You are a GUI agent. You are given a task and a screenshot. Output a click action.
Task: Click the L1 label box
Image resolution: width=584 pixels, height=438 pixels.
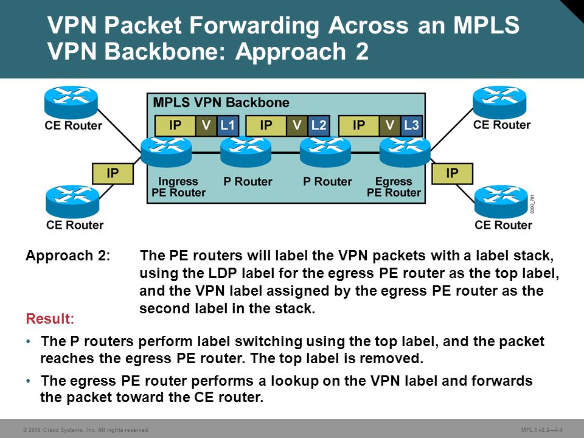click(227, 125)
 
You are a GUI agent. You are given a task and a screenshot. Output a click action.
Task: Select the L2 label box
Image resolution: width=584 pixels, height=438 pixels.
click(319, 125)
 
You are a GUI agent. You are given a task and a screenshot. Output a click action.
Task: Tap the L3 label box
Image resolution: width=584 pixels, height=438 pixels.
click(411, 125)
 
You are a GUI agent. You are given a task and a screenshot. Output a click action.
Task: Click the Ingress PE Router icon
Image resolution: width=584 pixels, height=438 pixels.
click(167, 151)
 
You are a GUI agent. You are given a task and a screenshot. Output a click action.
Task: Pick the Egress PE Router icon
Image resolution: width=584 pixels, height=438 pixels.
click(405, 151)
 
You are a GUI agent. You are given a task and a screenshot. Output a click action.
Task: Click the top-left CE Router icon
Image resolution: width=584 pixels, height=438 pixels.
click(71, 102)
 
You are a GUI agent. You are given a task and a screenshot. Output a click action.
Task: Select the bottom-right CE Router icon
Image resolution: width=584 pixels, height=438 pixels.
click(501, 201)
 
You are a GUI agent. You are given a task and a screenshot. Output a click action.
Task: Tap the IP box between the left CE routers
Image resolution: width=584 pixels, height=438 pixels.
click(113, 173)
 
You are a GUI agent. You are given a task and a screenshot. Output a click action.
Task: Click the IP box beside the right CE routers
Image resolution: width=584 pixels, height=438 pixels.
click(452, 173)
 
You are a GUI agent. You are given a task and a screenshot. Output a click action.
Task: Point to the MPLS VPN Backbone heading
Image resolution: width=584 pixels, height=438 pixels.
click(221, 102)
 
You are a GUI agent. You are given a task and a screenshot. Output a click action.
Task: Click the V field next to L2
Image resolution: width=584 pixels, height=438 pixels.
click(297, 125)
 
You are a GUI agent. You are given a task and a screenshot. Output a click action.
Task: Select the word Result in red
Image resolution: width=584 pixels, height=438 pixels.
click(50, 319)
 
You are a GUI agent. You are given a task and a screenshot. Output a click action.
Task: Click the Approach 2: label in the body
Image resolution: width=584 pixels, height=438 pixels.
click(68, 255)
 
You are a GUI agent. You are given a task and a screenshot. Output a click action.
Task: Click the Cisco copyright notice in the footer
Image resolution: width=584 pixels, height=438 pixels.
click(86, 430)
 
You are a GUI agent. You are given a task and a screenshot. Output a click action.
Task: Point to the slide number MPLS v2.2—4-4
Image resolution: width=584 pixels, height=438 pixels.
click(542, 430)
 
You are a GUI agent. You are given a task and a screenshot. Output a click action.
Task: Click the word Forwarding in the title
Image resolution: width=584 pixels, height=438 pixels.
click(254, 26)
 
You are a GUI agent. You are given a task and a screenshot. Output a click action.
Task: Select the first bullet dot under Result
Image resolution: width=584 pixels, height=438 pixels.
click(29, 341)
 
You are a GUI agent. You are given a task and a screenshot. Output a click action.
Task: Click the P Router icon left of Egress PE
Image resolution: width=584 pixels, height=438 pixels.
click(325, 151)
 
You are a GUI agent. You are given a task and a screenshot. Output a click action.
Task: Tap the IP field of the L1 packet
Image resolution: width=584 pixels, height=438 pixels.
click(175, 125)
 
